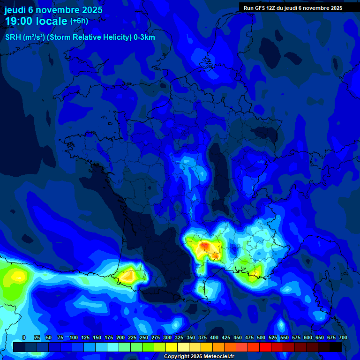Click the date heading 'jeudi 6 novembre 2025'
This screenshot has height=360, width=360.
pos(53,10)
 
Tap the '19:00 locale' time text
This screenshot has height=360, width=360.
pos(36,21)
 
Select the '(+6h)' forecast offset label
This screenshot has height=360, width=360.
pos(79,21)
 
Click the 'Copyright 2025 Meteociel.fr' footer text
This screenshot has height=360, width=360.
pos(199,357)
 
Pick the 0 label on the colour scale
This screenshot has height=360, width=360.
pos(24,338)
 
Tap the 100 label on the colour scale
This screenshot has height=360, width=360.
pos(74,338)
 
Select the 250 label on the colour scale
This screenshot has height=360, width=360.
pos(144,338)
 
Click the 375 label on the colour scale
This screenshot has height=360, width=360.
pos(202,338)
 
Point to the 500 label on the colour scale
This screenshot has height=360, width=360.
pos(261,338)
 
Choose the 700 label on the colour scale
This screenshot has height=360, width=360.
pos(343,338)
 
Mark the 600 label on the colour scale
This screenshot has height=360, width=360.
pos(308,338)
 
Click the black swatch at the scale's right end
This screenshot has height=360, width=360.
pos(336,347)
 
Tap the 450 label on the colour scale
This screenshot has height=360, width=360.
pos(238,338)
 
